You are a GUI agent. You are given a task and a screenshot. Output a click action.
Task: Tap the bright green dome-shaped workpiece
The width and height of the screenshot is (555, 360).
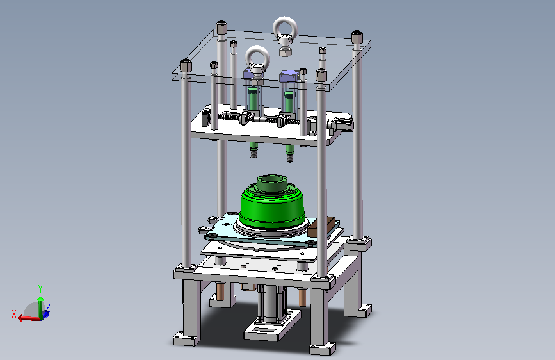tap(272, 209)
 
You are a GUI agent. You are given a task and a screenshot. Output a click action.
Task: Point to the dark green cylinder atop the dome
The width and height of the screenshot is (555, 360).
tap(272, 182)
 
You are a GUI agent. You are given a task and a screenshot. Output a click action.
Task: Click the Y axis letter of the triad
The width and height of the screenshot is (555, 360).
tap(40, 289)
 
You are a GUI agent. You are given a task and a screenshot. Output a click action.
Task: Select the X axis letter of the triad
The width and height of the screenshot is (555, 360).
tap(14, 314)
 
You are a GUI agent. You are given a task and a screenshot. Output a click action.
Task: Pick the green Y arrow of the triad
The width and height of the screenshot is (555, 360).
tap(40, 306)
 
